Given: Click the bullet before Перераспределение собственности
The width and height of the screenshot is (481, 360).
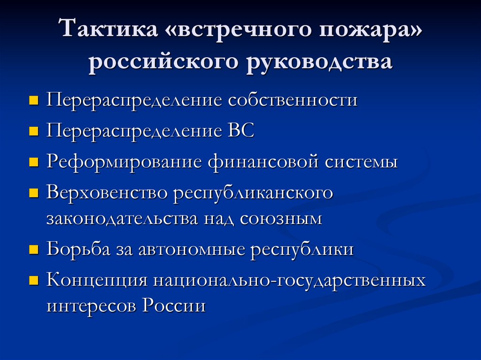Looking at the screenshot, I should pos(33,101).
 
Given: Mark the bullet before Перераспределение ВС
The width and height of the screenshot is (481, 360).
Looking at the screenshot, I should pos(33,132).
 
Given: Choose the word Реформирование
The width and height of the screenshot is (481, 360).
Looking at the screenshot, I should pos(124,162).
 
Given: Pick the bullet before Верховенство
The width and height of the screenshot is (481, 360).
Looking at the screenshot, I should pos(33,194).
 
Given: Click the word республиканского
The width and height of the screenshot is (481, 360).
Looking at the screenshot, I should pos(254,193).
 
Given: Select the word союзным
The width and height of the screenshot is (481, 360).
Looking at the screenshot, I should pos(281,219).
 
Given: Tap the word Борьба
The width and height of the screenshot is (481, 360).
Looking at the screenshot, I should pos(77,249).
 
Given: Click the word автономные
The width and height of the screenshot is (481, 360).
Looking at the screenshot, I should pos(191,249).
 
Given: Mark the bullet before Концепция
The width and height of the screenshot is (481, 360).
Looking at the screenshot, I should pos(33,282).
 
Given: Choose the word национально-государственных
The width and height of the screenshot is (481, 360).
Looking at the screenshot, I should pos(288,281).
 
